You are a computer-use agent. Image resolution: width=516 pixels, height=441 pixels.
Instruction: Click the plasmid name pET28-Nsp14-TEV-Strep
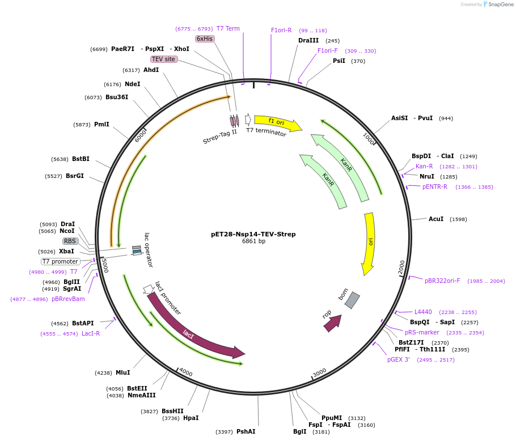253,234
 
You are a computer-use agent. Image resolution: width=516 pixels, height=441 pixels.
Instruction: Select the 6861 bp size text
253,241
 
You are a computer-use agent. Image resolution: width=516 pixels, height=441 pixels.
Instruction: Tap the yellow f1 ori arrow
277,122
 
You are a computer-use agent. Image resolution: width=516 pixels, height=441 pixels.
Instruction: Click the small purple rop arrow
332,323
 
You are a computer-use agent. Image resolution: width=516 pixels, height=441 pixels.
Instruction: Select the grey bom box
352,300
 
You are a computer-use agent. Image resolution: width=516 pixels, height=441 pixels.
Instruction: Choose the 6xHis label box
204,39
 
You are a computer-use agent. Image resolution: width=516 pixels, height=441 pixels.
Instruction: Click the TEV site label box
163,59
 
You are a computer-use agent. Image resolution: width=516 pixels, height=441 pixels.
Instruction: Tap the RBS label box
70,241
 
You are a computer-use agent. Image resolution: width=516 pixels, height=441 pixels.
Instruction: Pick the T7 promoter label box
60,261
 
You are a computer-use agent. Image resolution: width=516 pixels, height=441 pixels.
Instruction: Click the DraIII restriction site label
308,40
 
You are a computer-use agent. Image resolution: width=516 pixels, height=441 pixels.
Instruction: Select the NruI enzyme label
426,176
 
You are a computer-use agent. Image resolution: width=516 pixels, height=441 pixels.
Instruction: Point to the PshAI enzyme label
246,431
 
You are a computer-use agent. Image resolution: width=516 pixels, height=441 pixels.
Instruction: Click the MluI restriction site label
122,372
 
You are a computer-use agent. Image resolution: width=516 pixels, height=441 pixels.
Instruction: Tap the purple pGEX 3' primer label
399,359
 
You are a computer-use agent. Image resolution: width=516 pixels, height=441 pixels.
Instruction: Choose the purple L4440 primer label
423,312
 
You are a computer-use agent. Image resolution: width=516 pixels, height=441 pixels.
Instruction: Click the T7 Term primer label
228,28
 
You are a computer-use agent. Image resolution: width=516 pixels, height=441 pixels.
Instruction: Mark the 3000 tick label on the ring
319,372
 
